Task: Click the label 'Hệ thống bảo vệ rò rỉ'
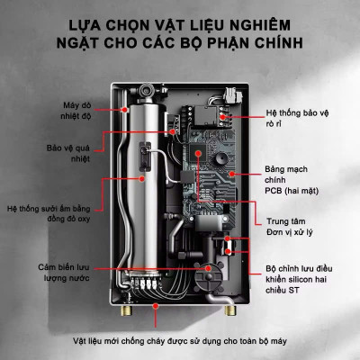click(x=299, y=120)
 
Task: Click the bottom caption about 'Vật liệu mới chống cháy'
click(x=180, y=341)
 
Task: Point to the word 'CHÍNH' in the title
click(x=276, y=42)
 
